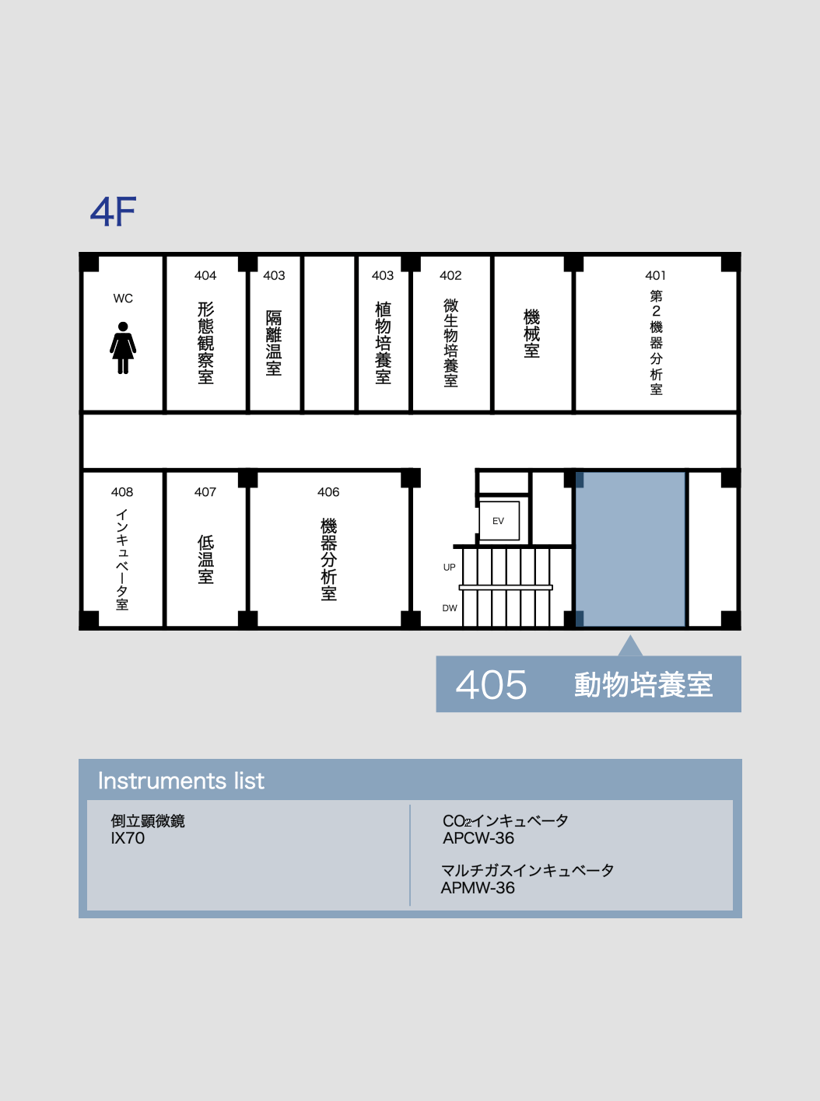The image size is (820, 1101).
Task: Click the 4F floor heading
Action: click(114, 211)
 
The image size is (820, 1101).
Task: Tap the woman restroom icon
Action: click(123, 348)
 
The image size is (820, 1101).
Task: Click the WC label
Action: click(123, 299)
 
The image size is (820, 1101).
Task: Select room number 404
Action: click(205, 275)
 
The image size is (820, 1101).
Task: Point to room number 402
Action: click(450, 275)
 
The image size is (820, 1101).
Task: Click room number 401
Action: click(656, 275)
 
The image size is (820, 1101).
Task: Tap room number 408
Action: click(122, 492)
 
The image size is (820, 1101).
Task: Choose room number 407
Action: click(205, 492)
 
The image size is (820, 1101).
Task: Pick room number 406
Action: click(328, 492)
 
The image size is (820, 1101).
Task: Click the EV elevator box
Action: click(499, 521)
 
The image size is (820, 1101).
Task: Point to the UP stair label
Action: click(449, 567)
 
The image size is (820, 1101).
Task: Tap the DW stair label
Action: click(450, 608)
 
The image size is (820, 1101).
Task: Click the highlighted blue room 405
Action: click(630, 549)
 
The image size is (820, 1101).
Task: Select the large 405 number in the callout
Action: click(491, 685)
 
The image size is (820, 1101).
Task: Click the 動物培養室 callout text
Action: click(643, 685)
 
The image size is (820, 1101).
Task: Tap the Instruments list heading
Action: click(180, 781)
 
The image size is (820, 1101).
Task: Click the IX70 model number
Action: click(128, 838)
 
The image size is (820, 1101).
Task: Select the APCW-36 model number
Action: click(478, 838)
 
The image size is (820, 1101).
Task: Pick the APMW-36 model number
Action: click(478, 888)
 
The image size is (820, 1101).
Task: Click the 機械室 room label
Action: click(531, 334)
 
